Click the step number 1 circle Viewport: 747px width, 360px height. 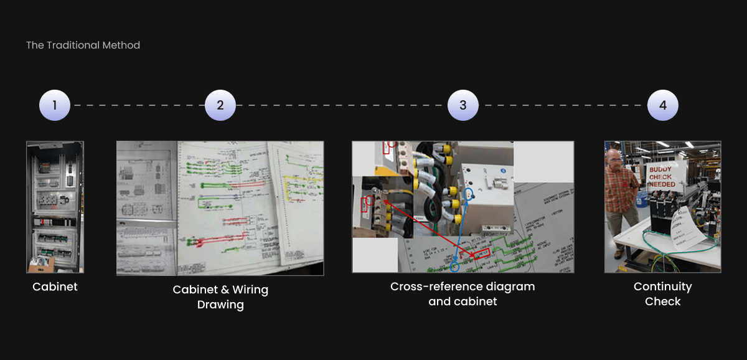point(55,105)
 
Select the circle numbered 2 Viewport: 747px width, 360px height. point(220,105)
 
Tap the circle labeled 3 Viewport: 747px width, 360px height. point(463,105)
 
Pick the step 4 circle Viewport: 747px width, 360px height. point(662,105)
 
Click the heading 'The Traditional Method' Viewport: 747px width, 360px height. point(83,45)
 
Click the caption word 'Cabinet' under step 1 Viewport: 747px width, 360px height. point(55,287)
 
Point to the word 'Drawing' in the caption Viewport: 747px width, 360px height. point(220,305)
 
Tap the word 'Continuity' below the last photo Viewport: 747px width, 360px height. point(662,287)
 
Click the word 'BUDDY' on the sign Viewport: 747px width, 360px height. point(660,169)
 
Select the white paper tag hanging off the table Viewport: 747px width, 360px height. point(690,230)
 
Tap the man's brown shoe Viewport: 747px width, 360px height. point(618,254)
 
